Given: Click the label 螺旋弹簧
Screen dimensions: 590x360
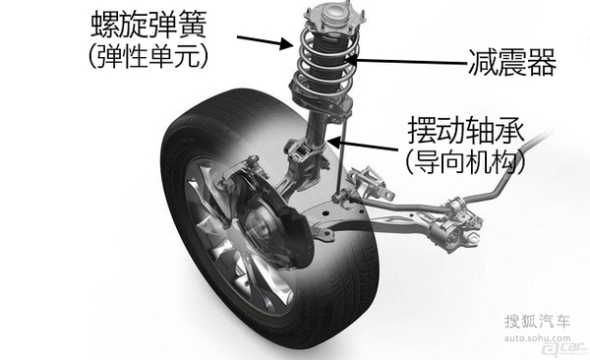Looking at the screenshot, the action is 149,25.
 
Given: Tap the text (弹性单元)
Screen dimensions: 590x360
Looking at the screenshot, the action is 148,57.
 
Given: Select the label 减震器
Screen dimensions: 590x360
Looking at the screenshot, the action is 511,63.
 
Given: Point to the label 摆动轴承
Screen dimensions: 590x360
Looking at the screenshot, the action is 466,130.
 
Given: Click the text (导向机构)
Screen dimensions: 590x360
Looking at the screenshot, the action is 466,162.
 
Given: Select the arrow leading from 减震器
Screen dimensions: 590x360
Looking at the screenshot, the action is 405,61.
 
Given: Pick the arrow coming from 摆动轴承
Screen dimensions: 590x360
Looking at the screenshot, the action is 362,146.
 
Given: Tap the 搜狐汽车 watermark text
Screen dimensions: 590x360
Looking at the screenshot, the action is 537,322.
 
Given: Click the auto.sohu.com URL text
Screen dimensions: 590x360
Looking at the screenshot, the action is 537,338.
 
